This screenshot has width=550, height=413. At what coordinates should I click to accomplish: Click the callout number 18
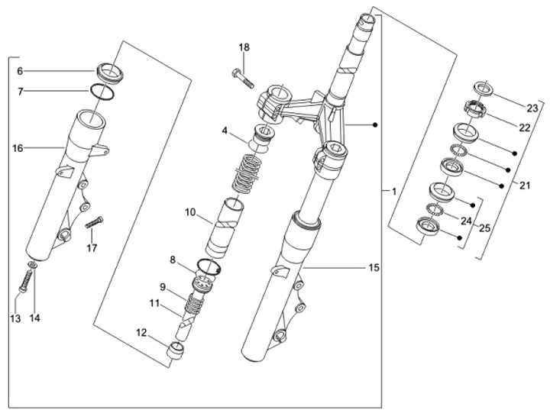(x=244, y=47)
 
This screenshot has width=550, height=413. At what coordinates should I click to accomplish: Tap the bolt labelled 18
(x=243, y=79)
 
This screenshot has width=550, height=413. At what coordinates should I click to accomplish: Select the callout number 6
(x=20, y=71)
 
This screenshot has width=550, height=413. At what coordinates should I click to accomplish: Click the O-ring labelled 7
(x=102, y=92)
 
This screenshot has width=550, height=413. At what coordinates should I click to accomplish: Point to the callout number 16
(x=18, y=148)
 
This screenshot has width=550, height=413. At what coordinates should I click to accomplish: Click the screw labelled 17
(x=95, y=222)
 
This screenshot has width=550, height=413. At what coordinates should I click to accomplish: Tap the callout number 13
(x=15, y=318)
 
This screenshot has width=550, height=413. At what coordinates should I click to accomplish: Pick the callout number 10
(x=190, y=212)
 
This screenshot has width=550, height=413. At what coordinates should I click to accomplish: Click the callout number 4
(x=225, y=131)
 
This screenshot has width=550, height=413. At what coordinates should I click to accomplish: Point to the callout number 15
(x=374, y=268)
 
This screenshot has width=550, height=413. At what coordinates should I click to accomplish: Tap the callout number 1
(x=394, y=192)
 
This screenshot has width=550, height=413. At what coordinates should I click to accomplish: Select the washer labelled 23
(x=484, y=89)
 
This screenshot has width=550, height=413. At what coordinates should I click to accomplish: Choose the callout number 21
(x=525, y=185)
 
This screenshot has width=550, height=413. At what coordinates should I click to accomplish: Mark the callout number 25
(x=484, y=228)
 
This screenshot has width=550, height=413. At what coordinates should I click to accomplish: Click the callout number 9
(x=163, y=287)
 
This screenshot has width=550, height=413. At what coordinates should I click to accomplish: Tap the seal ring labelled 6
(x=110, y=73)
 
